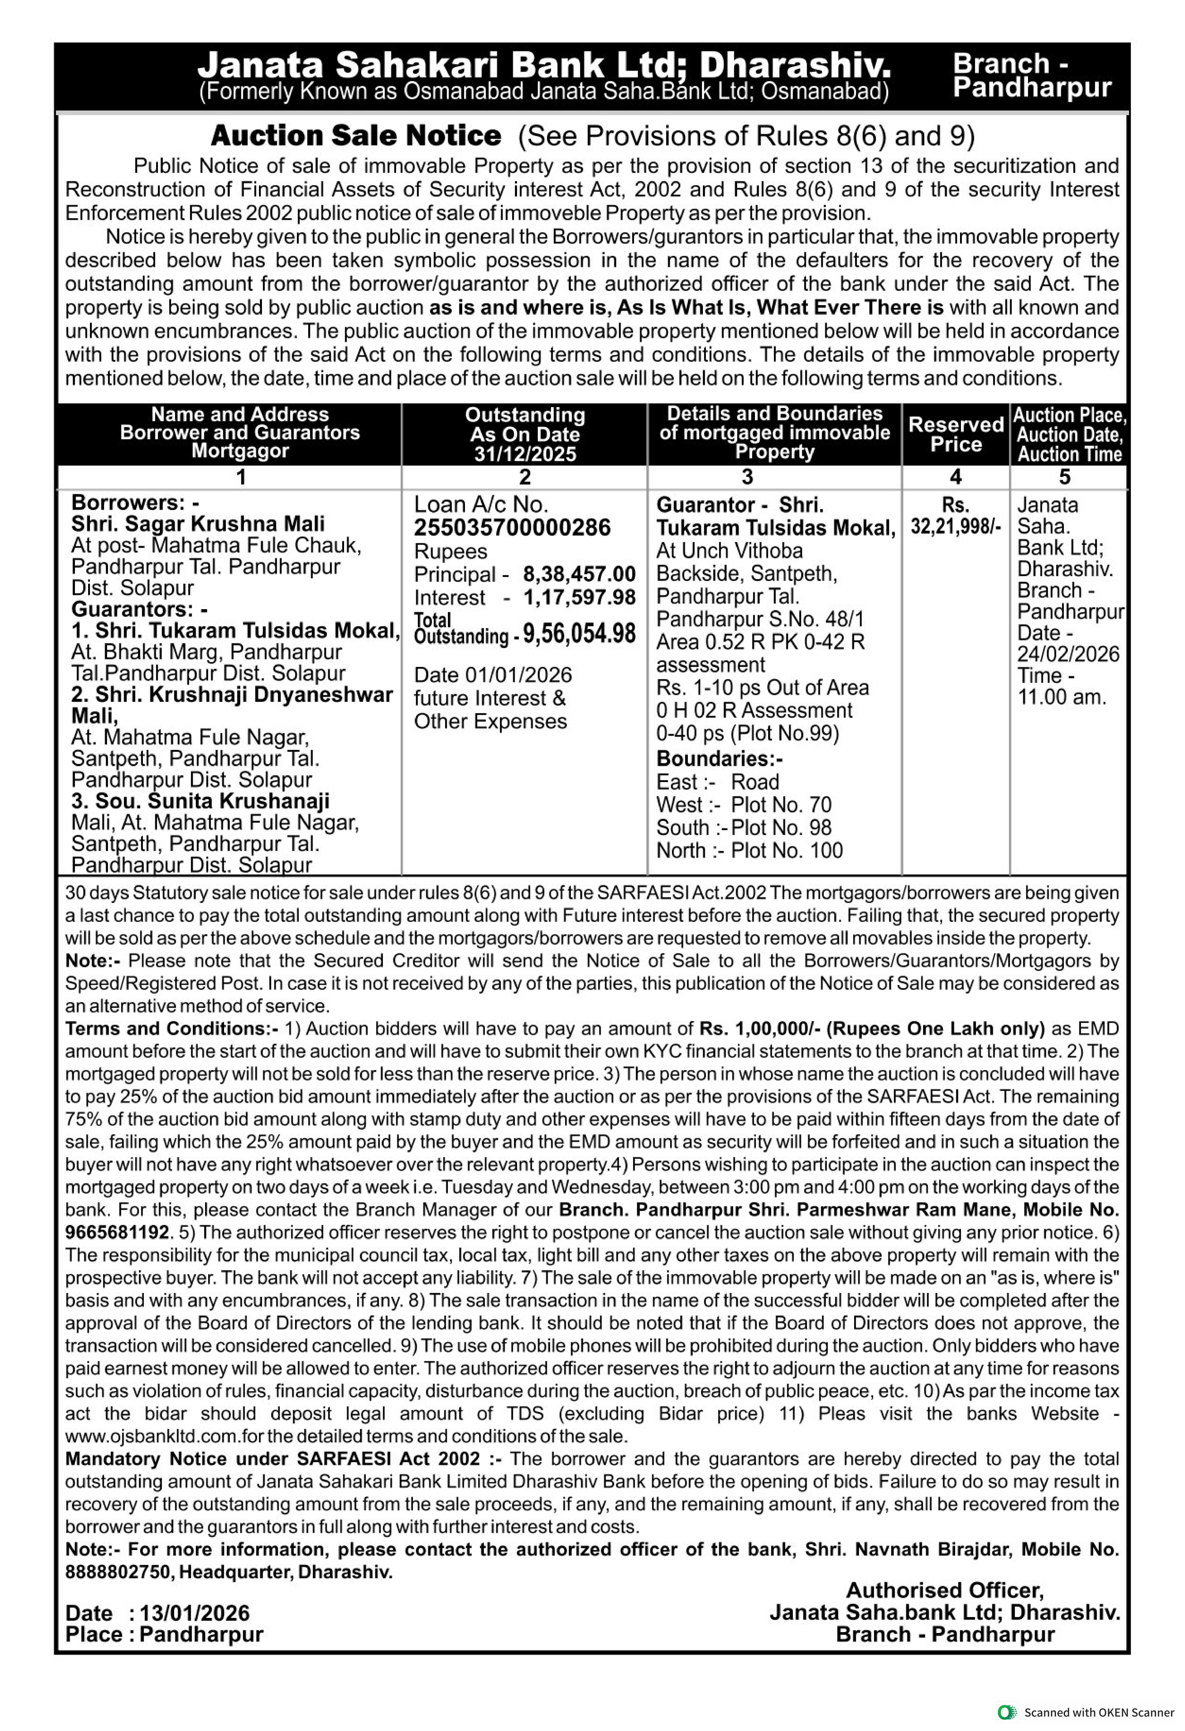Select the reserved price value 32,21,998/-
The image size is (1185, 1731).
[x=956, y=527]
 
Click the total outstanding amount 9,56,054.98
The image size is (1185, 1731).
[x=579, y=634]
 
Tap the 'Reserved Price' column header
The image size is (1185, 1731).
[x=956, y=434]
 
